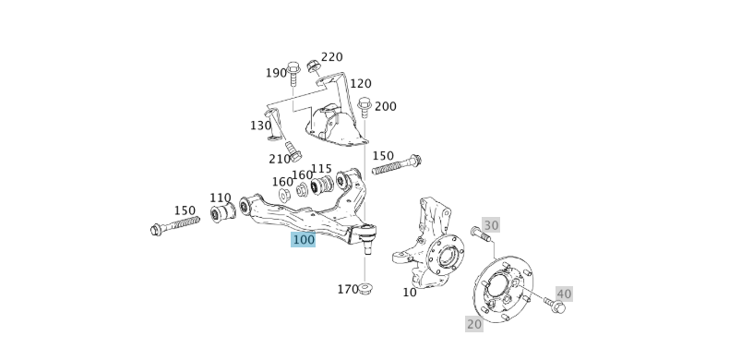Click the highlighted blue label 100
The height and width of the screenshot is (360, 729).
coord(304,239)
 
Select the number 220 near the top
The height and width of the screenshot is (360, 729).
coord(331,57)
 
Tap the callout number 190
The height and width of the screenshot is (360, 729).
coord(276,73)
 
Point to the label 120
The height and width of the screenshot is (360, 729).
coord(360,84)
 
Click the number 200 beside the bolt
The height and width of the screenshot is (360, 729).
coord(385,106)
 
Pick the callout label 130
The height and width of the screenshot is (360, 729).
coord(260,126)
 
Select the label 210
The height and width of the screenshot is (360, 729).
coord(280,159)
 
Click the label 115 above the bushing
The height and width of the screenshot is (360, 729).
coord(321,169)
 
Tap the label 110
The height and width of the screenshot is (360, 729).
coord(220,198)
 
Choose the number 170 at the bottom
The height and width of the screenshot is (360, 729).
coord(347,289)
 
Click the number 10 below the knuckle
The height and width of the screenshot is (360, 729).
coord(410,293)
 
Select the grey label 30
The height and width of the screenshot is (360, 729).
coord(491,225)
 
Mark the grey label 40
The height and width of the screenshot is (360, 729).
coord(564,294)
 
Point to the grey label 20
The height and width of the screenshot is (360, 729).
coord(474,324)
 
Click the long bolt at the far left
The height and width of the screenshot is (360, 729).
coord(174,224)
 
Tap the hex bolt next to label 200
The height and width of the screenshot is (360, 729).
coord(364,108)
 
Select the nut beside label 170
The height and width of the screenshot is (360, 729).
coord(365,290)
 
